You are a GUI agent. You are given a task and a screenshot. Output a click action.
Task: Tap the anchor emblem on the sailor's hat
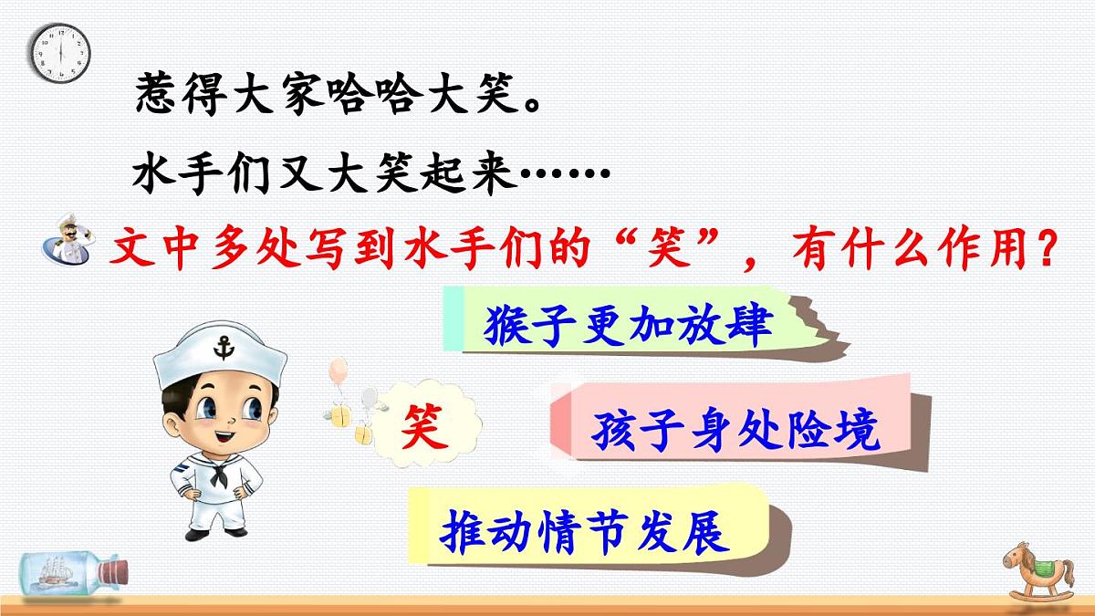[x=221, y=347]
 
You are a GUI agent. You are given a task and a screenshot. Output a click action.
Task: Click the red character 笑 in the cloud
[x=426, y=426]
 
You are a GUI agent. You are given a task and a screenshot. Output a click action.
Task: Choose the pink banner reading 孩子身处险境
[x=735, y=430]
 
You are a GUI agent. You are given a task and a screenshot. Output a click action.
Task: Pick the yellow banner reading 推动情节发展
[x=585, y=528]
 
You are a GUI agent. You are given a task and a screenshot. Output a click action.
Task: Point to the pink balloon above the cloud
[x=338, y=370]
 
